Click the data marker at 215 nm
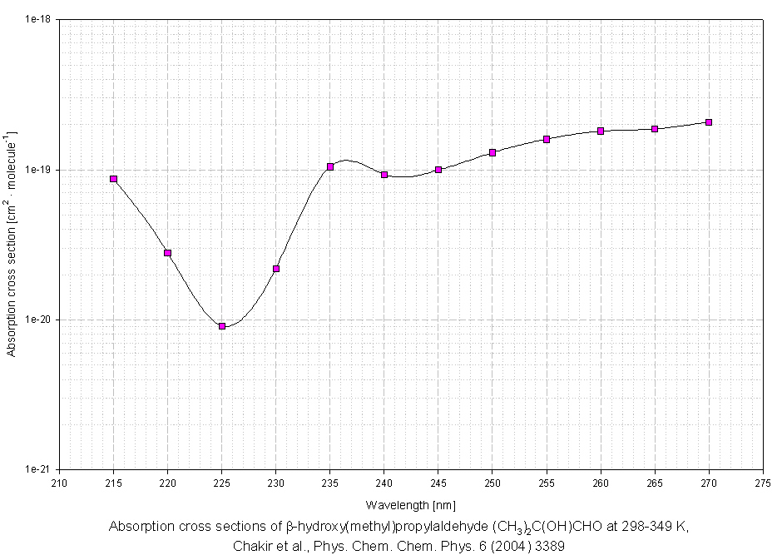coord(114,179)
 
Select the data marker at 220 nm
coord(168,253)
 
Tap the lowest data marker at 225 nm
coord(222,326)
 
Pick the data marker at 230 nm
coord(276,269)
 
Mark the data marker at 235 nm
coord(330,166)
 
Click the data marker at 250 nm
coord(492,152)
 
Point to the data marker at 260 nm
coord(601,131)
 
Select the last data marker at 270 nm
coord(709,122)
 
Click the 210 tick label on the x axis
coord(60,483)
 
